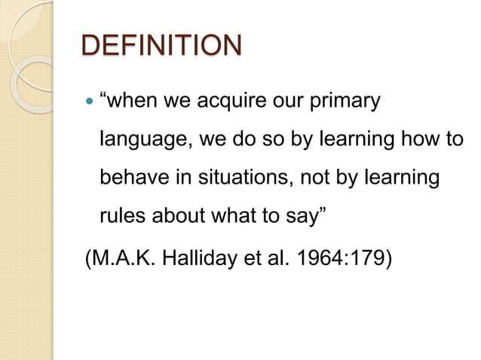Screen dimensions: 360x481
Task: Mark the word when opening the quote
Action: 128,101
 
